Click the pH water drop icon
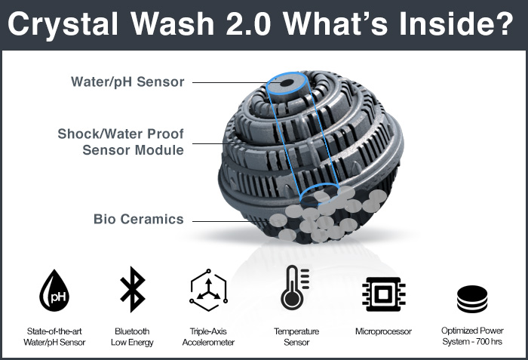click(x=54, y=291)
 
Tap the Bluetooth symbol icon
click(x=132, y=289)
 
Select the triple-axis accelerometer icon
click(x=208, y=290)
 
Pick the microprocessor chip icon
click(x=383, y=294)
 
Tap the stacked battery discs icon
click(x=472, y=299)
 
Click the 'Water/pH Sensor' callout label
click(x=127, y=82)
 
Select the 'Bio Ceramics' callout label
click(x=138, y=219)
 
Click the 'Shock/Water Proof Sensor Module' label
click(x=121, y=142)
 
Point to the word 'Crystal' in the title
click(x=63, y=24)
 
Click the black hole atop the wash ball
click(x=287, y=83)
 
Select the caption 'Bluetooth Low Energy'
click(x=132, y=337)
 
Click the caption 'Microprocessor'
click(x=383, y=331)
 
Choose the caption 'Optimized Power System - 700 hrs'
click(x=472, y=336)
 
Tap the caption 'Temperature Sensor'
click(x=296, y=337)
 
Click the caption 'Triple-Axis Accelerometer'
click(x=208, y=337)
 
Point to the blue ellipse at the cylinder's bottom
click(x=320, y=185)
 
